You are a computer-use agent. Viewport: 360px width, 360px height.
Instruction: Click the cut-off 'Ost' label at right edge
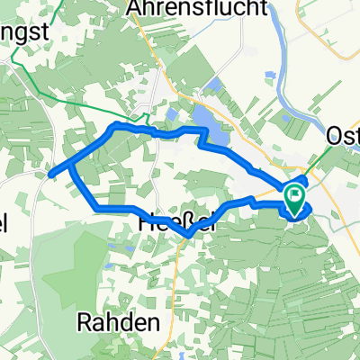pos(343,135)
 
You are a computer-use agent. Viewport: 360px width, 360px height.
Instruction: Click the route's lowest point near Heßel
pos(187,236)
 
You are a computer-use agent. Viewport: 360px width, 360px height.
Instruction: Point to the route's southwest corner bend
pos(95,210)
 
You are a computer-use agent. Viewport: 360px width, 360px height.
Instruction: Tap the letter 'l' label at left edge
pos(4,221)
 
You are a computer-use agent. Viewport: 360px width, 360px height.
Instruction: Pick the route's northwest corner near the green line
pos(113,125)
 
